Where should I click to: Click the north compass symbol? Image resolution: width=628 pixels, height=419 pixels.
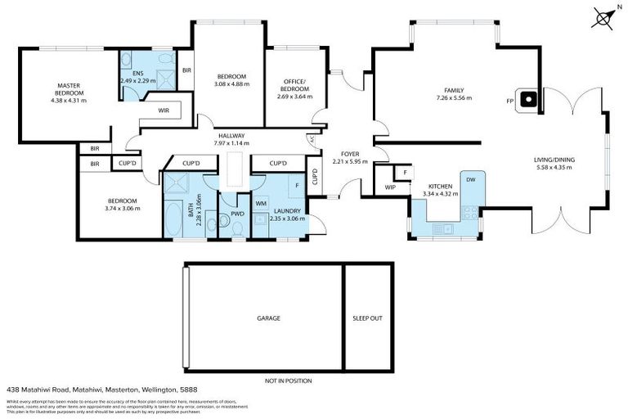(604, 16)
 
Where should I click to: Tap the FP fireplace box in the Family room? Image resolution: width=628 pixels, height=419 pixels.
(530, 100)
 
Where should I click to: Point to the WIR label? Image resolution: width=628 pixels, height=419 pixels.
(164, 109)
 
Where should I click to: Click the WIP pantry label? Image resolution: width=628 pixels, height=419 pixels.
(390, 187)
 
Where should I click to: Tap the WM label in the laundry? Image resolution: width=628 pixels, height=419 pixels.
(261, 203)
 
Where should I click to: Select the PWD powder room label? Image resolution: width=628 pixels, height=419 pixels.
(237, 214)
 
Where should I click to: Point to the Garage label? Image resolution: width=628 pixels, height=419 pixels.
(269, 318)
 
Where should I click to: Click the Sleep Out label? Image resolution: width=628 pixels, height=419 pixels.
(367, 318)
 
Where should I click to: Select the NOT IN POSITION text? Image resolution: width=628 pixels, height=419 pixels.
(288, 381)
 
